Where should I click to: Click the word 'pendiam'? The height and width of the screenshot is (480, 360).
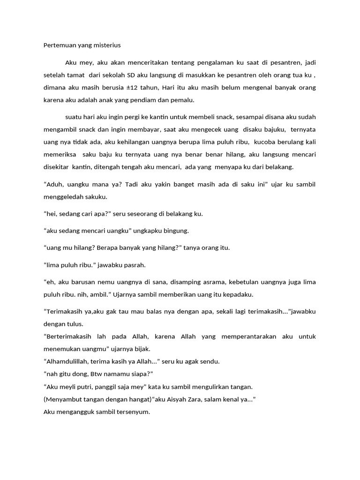pyautogui.click(x=153, y=99)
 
